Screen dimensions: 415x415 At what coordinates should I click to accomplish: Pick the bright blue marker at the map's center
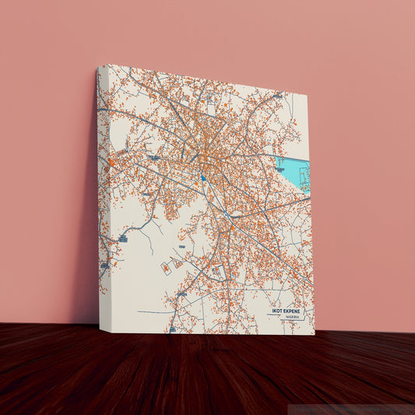(203, 178)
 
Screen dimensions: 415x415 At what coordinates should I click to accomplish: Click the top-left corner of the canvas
(99, 68)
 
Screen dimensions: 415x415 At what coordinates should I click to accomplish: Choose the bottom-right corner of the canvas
(314, 334)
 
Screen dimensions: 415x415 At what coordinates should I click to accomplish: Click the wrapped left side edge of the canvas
(103, 195)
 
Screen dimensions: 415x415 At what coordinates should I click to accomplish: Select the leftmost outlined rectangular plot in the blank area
(165, 268)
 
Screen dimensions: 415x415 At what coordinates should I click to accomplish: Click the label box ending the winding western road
(122, 239)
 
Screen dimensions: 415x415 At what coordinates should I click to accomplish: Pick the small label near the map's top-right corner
(278, 95)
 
